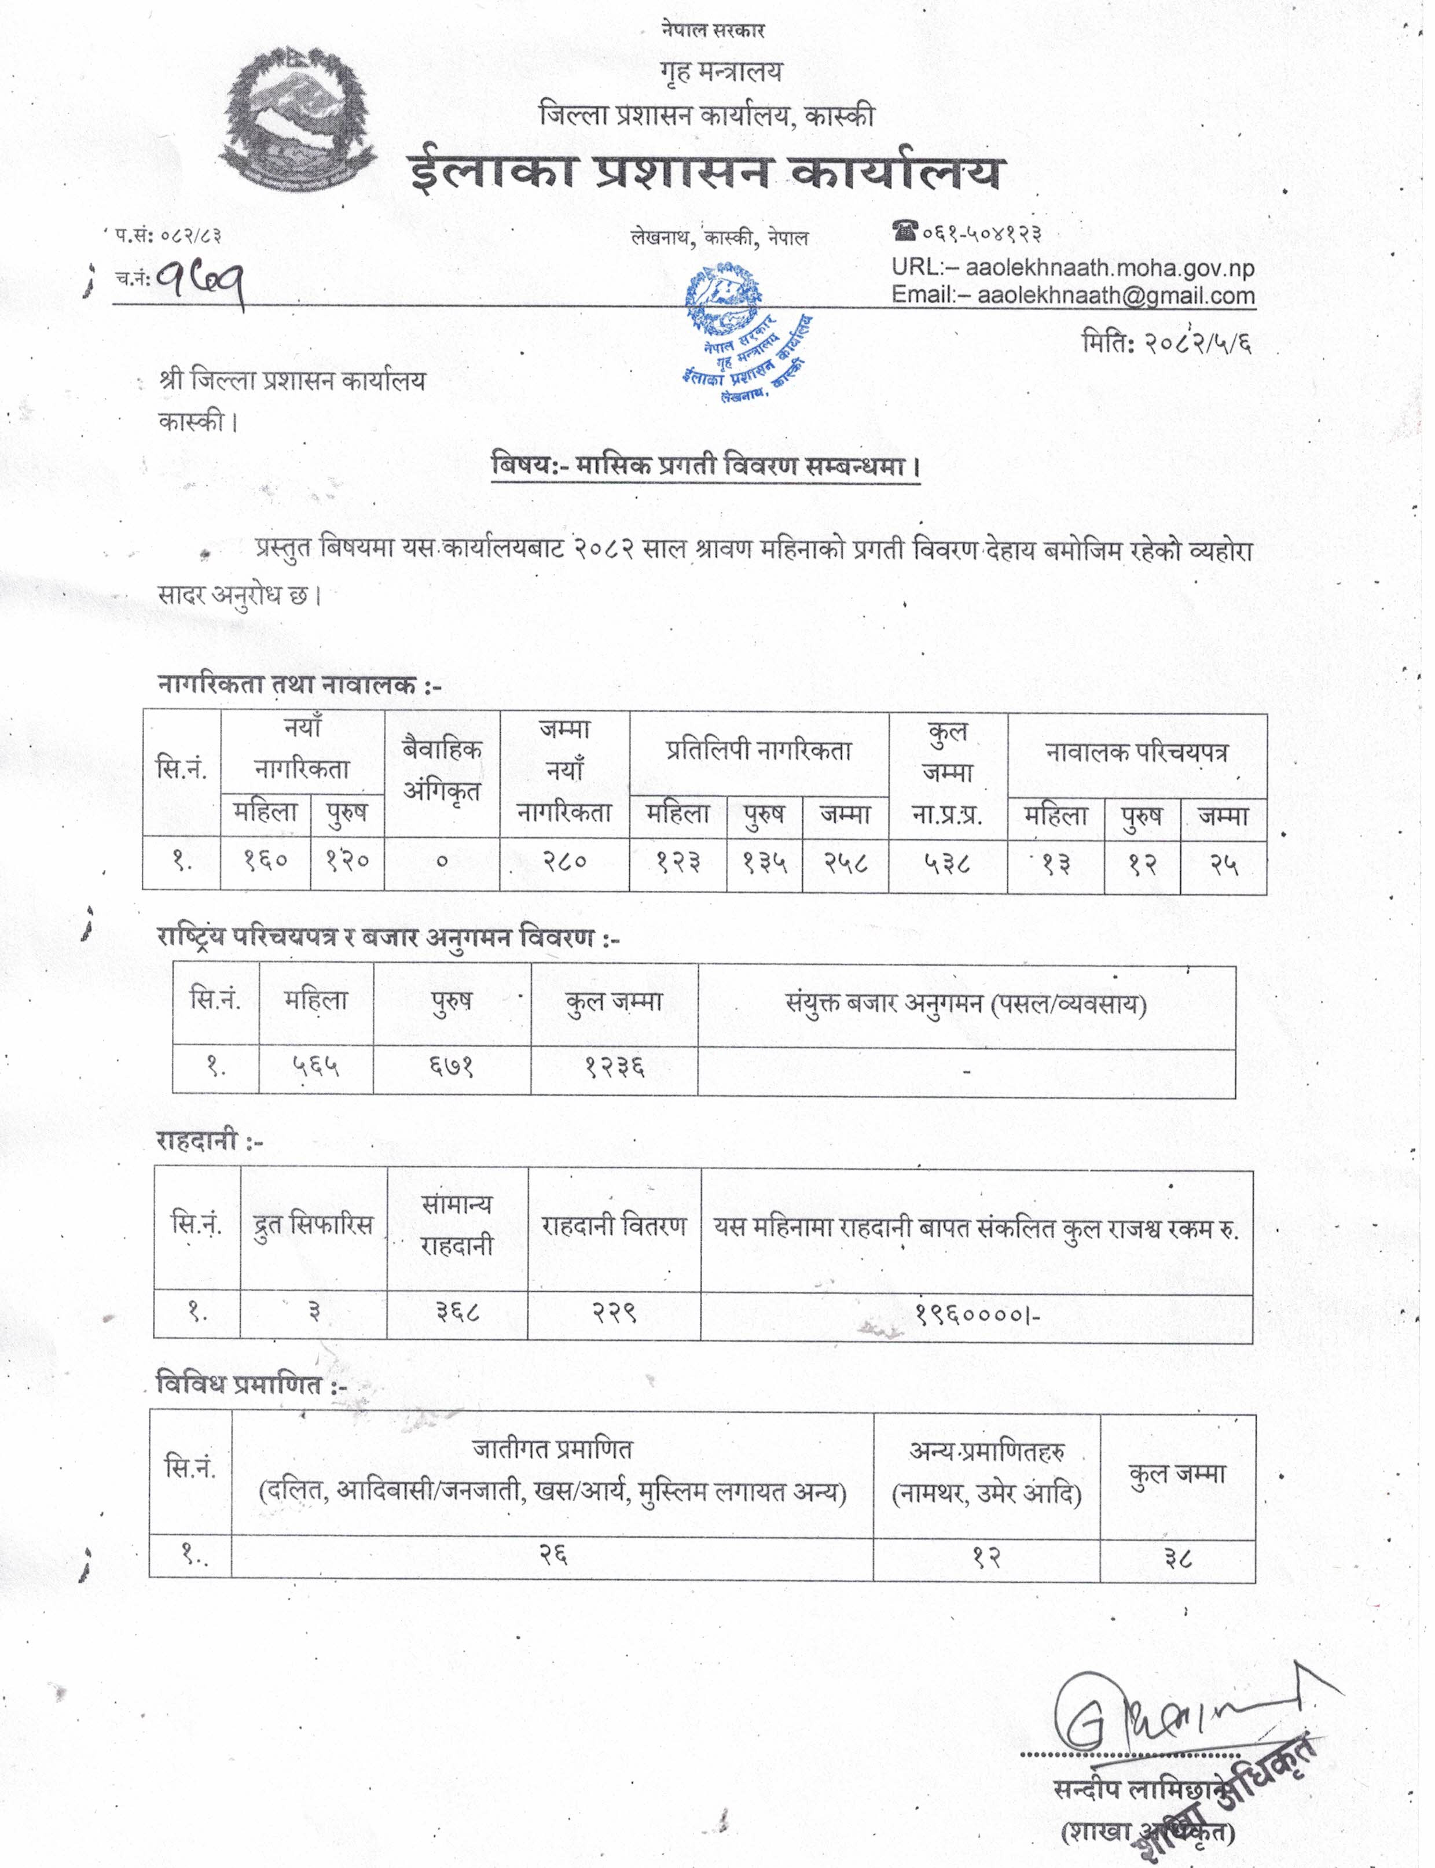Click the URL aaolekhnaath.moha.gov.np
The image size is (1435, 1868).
tap(1110, 268)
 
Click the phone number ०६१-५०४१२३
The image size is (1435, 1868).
tap(981, 232)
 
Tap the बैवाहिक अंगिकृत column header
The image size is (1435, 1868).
tap(442, 770)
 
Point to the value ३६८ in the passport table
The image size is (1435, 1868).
tap(458, 1311)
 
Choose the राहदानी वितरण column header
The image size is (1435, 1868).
tap(614, 1227)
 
